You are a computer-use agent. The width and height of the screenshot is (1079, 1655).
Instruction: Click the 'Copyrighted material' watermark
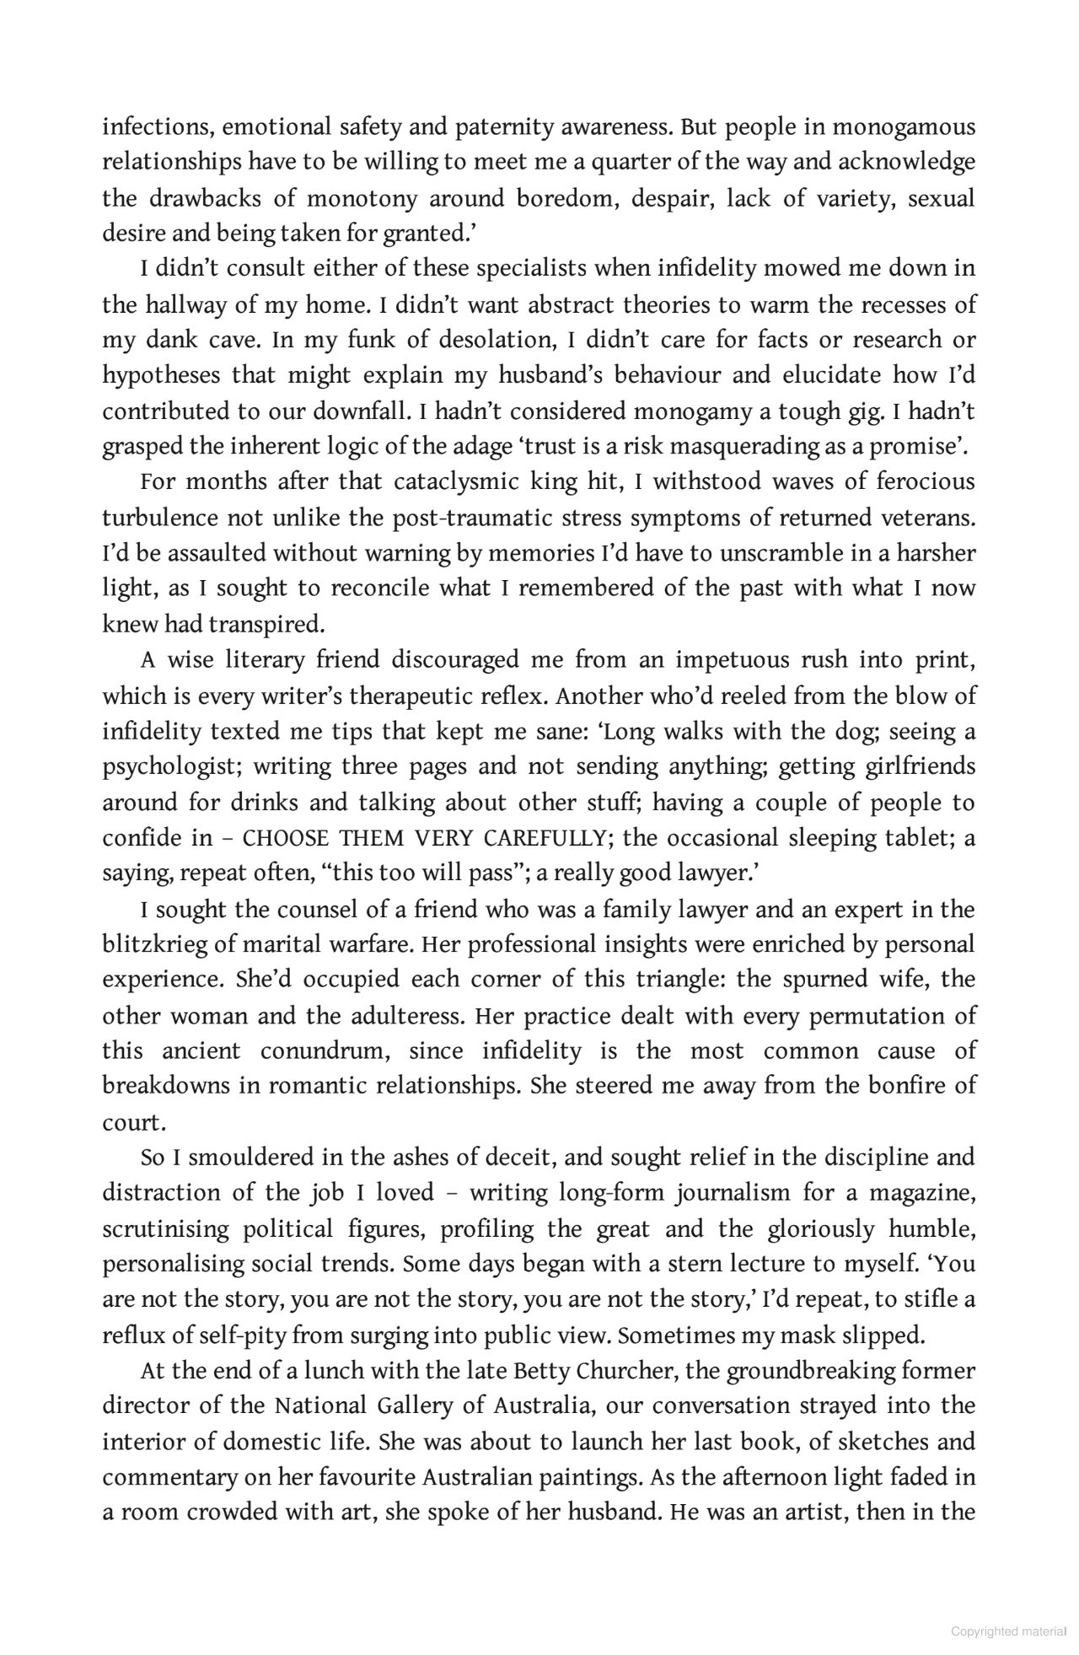pyautogui.click(x=1008, y=1631)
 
